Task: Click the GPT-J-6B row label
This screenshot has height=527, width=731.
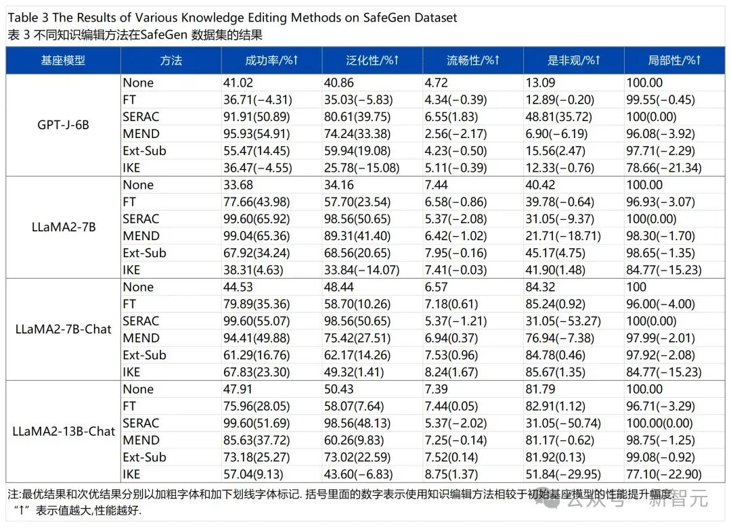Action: (x=63, y=125)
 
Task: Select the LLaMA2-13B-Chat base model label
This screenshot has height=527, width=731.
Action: (x=64, y=432)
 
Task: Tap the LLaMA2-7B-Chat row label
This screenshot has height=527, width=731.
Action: (x=64, y=329)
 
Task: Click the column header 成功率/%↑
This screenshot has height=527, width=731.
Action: (x=271, y=60)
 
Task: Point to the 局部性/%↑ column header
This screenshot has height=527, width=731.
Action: (x=674, y=60)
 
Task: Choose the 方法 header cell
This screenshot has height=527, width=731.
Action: (x=171, y=60)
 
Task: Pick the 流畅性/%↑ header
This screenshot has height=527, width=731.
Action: (x=472, y=60)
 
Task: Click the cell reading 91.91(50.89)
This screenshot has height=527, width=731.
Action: (x=257, y=116)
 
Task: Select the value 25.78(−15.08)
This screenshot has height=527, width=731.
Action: (x=361, y=168)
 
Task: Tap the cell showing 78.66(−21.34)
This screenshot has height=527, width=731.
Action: (x=664, y=168)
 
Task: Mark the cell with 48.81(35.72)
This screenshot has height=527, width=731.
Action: (x=558, y=116)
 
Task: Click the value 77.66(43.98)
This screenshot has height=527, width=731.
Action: (x=257, y=202)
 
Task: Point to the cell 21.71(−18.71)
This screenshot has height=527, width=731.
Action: (x=563, y=236)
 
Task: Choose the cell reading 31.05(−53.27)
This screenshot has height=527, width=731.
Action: (x=563, y=321)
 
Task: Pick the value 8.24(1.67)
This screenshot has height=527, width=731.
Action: (x=451, y=372)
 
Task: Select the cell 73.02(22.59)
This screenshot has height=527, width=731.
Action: (x=357, y=457)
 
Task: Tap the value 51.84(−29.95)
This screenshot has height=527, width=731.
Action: (x=563, y=474)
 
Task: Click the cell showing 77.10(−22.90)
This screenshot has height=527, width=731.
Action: (x=664, y=474)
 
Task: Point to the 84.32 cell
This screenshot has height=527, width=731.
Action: (x=540, y=287)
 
